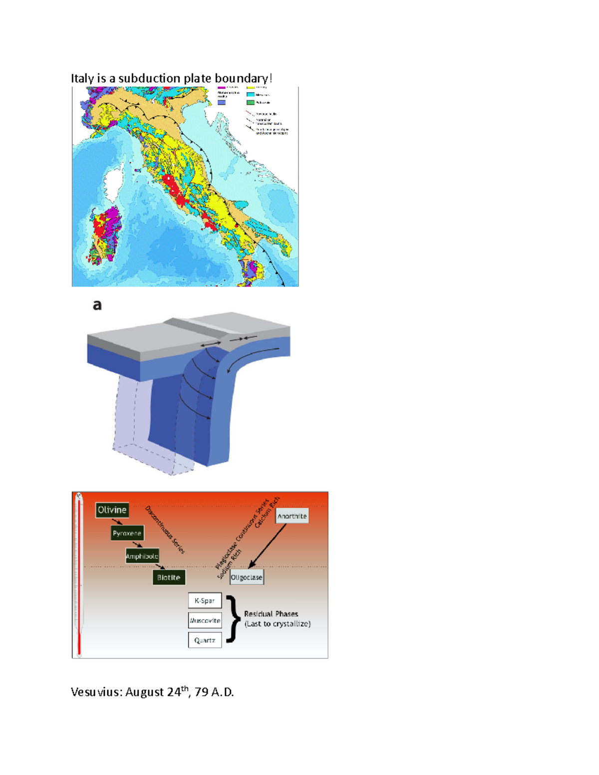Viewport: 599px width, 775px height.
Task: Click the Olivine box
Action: pyautogui.click(x=112, y=510)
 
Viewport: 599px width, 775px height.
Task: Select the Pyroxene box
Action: pyautogui.click(x=127, y=533)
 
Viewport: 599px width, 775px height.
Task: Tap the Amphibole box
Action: pyautogui.click(x=142, y=556)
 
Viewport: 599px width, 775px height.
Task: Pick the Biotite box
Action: pyautogui.click(x=169, y=577)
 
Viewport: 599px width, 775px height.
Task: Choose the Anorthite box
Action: pyautogui.click(x=292, y=516)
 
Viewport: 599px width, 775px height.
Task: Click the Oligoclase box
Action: pyautogui.click(x=247, y=577)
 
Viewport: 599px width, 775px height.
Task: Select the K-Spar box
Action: pyautogui.click(x=205, y=601)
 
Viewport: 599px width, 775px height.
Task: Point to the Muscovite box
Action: pyautogui.click(x=205, y=621)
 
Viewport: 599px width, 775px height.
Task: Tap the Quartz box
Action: pyautogui.click(x=205, y=640)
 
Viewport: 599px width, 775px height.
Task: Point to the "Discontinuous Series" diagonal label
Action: pyautogui.click(x=165, y=529)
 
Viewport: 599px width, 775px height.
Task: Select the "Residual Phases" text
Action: pyautogui.click(x=271, y=614)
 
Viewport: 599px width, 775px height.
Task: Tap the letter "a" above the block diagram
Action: pyautogui.click(x=97, y=305)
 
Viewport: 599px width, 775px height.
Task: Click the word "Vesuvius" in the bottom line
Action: pyautogui.click(x=96, y=692)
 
